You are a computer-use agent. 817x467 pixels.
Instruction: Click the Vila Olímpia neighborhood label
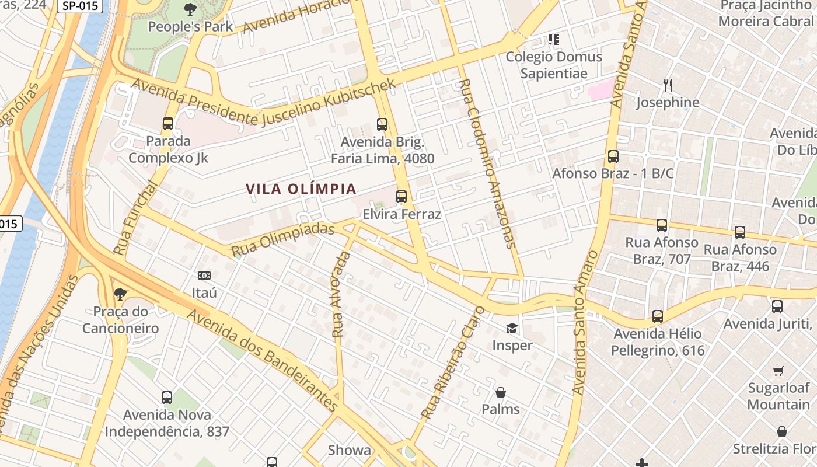pyautogui.click(x=301, y=189)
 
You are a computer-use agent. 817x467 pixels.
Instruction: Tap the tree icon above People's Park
pyautogui.click(x=190, y=9)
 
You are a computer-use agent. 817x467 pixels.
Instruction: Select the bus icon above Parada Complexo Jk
pyautogui.click(x=168, y=124)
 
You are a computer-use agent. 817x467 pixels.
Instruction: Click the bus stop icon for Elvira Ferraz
pyautogui.click(x=401, y=197)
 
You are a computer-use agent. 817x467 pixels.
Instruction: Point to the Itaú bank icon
pyautogui.click(x=204, y=275)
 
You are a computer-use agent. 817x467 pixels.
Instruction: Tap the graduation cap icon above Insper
pyautogui.click(x=512, y=328)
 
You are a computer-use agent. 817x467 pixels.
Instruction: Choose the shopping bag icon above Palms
pyautogui.click(x=500, y=392)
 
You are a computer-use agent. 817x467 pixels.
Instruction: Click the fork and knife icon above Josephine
pyautogui.click(x=668, y=85)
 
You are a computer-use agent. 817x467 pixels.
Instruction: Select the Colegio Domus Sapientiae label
pyautogui.click(x=554, y=65)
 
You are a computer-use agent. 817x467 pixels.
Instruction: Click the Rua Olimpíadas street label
pyautogui.click(x=282, y=240)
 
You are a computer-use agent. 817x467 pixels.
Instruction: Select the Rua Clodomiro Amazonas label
pyautogui.click(x=488, y=164)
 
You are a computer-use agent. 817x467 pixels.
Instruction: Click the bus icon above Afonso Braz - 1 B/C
pyautogui.click(x=613, y=156)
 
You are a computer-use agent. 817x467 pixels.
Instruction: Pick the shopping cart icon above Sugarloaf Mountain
pyautogui.click(x=778, y=371)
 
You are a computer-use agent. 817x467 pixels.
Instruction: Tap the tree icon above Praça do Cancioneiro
pyautogui.click(x=120, y=294)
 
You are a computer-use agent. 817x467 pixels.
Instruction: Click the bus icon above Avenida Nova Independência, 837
pyautogui.click(x=167, y=398)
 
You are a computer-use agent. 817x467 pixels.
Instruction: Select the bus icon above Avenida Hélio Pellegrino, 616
pyautogui.click(x=658, y=316)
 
